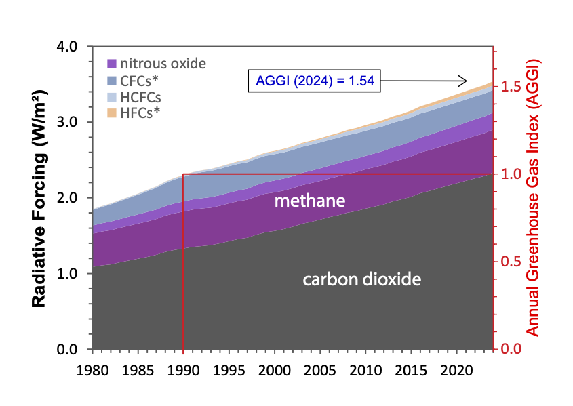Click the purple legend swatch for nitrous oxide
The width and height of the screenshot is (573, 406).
tap(113, 64)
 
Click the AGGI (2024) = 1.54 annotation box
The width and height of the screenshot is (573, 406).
tap(313, 81)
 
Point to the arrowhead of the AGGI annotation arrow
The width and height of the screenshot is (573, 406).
tap(464, 81)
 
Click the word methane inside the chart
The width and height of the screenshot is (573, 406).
tap(310, 201)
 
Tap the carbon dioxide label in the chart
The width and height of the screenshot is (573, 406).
tap(361, 279)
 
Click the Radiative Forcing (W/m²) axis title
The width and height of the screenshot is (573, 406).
tap(39, 198)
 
